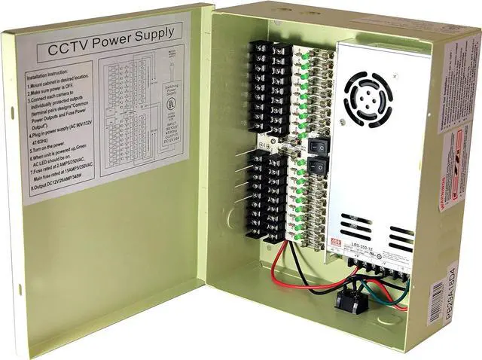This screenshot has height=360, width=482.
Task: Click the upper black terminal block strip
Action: coord(269,90)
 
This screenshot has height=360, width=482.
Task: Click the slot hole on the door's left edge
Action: coord(12,114)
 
